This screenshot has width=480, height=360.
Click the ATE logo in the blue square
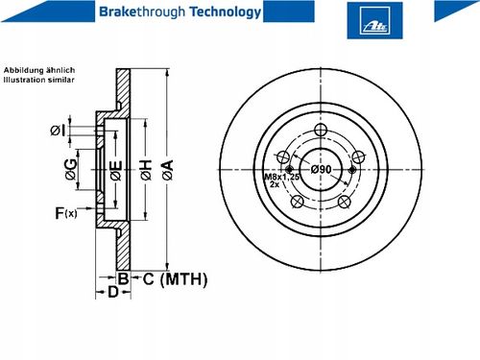[374, 20]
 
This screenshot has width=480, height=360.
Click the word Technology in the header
[226, 12]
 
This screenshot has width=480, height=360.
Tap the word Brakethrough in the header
[142, 12]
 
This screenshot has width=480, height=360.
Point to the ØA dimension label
[168, 170]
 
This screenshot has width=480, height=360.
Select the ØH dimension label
[146, 170]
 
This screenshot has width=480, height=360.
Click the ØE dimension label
[116, 170]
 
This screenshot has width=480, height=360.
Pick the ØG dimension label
[71, 169]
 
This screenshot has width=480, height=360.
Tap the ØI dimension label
[58, 131]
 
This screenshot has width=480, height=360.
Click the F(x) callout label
[66, 213]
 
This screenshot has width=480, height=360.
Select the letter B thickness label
[123, 278]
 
